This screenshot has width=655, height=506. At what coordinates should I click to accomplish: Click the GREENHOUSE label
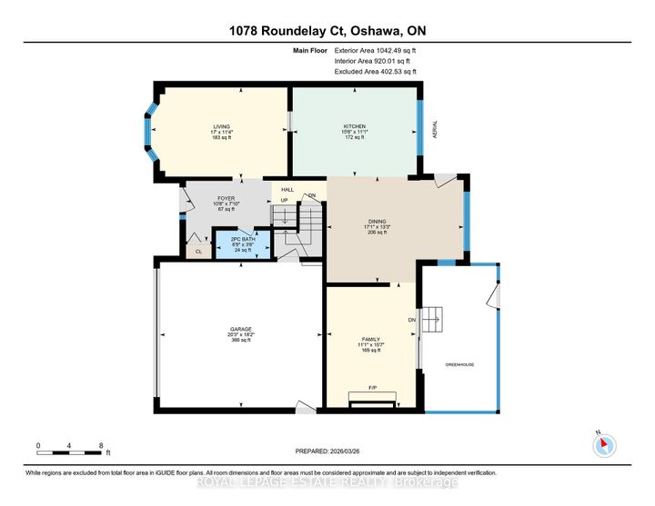(x=459, y=364)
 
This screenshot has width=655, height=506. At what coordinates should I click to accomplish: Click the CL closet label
(x=197, y=253)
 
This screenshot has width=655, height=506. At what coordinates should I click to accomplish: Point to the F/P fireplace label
(x=372, y=388)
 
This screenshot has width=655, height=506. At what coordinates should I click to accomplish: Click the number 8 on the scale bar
(x=101, y=446)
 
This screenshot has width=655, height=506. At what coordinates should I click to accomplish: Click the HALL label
(x=287, y=189)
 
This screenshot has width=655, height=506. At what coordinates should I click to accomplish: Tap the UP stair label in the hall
(x=284, y=200)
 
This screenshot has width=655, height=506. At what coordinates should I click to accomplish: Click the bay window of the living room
(x=148, y=133)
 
